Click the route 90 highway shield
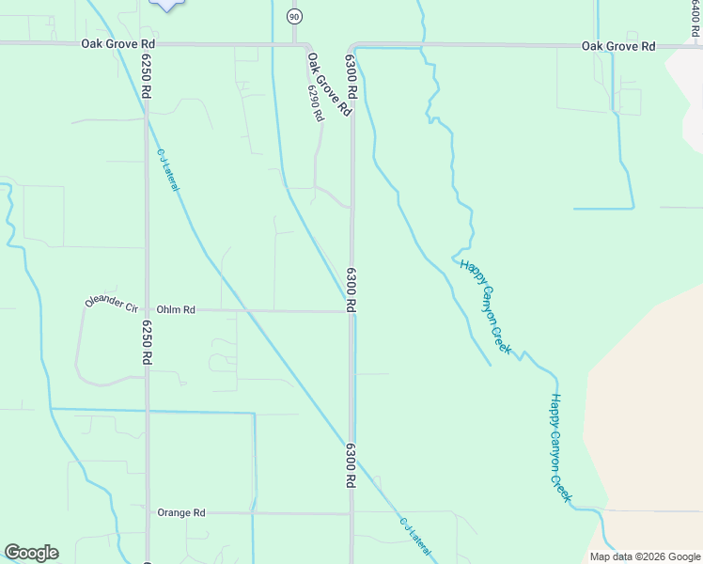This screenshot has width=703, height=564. [294, 17]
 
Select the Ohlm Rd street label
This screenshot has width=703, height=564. [176, 309]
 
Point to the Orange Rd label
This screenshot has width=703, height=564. [181, 512]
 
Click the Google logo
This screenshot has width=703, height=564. [31, 553]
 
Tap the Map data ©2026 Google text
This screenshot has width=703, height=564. [644, 556]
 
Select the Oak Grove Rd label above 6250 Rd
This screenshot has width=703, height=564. [118, 43]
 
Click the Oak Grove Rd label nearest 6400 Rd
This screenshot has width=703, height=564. [617, 45]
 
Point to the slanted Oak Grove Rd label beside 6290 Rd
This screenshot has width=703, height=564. [329, 84]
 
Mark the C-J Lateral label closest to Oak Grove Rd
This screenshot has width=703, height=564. [167, 169]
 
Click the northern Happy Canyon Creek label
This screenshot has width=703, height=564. [486, 307]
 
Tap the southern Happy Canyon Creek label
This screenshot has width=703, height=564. [560, 447]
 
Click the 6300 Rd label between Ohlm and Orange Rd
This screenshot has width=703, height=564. [352, 464]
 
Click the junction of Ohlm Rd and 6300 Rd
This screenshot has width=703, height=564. [352, 311]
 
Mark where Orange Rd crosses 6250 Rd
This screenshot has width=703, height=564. [147, 512]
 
